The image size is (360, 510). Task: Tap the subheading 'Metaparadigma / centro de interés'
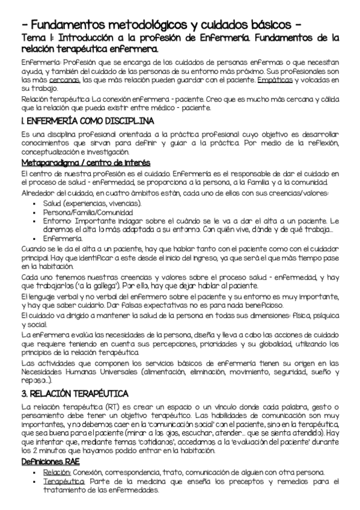pyautogui.click(x=85, y=164)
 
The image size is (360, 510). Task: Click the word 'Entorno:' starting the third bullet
pyautogui.click(x=58, y=221)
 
